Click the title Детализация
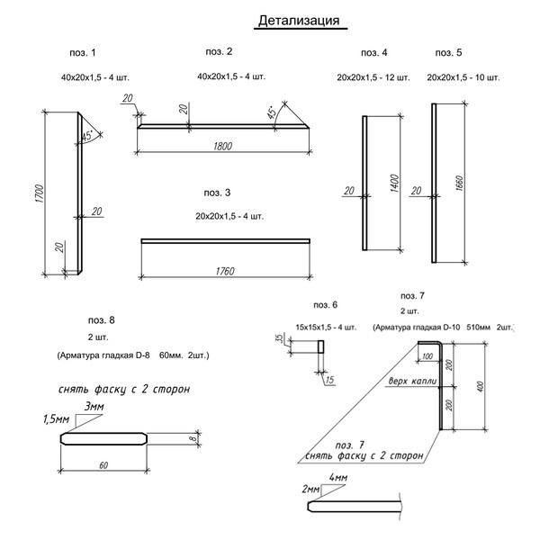pos(299,21)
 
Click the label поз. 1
pos(82,53)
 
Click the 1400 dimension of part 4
pos(393,184)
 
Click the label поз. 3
pos(217,193)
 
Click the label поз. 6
pos(325,304)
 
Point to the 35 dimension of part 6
pos(279,339)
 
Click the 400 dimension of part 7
pos(482,386)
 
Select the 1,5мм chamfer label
pos(57,419)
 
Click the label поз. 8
pos(102,319)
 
